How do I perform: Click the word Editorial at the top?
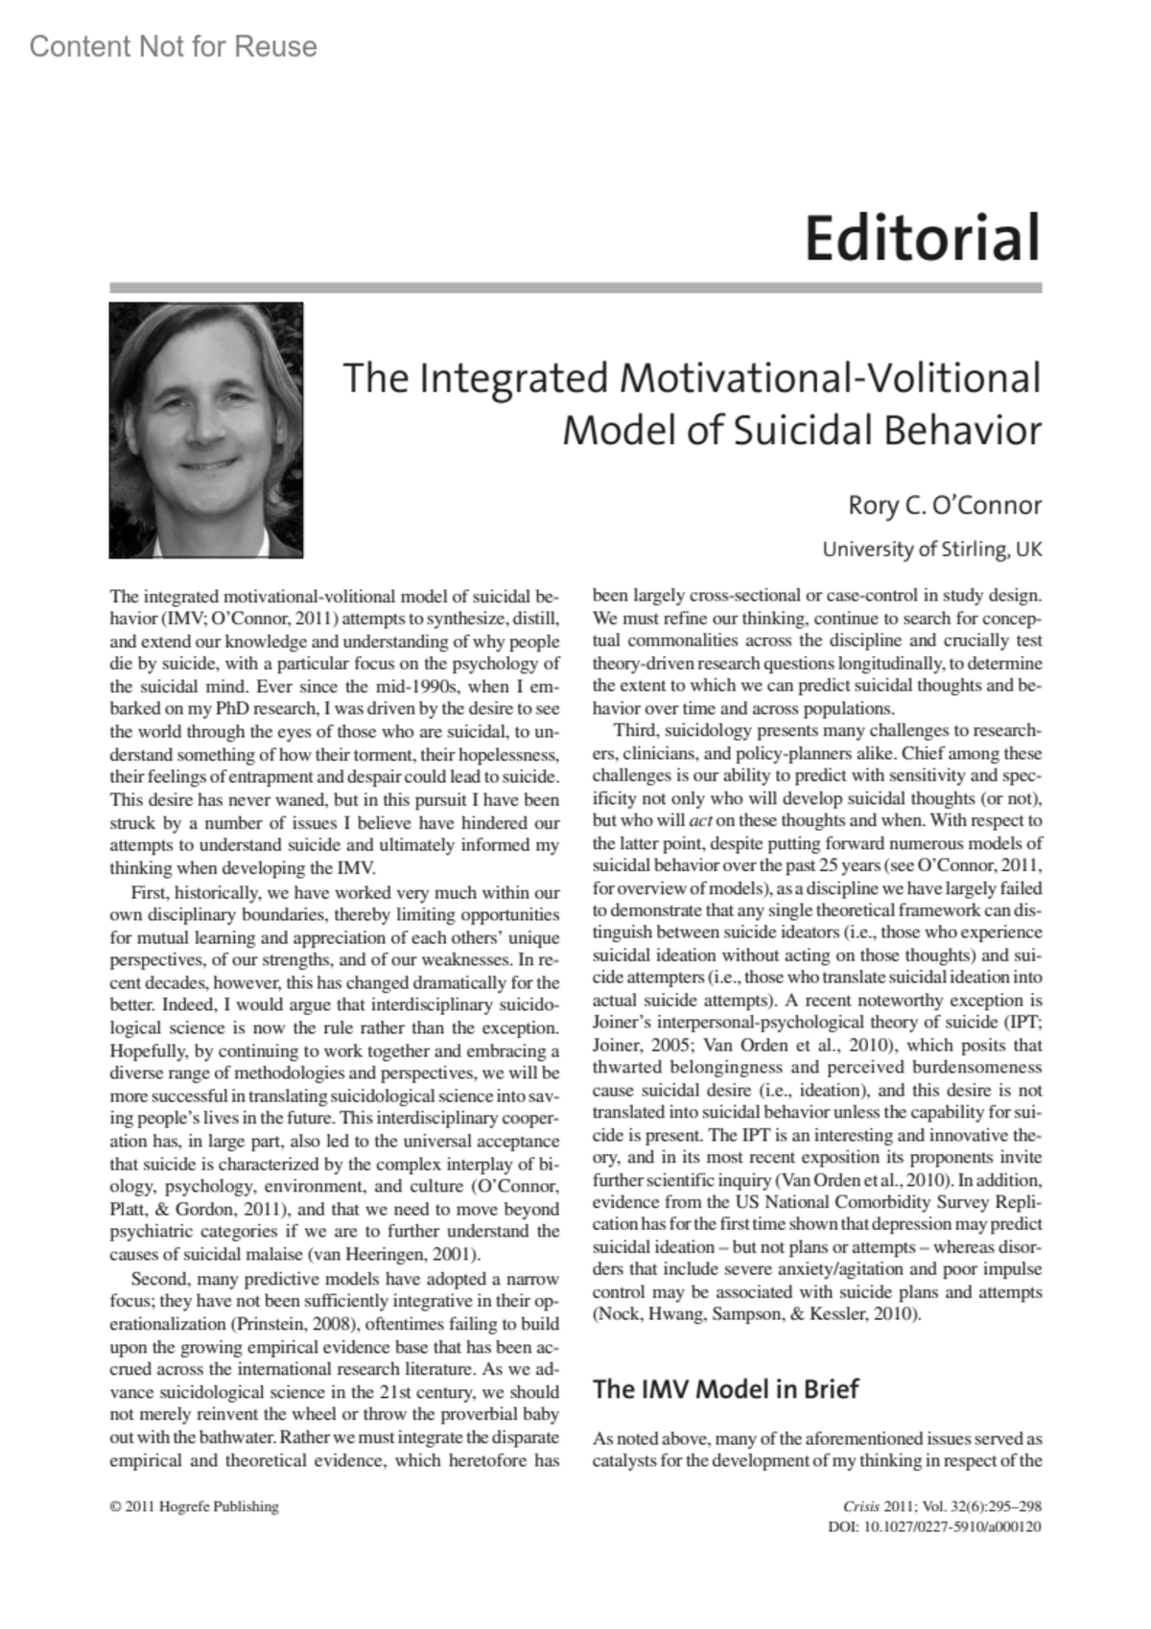click(x=922, y=239)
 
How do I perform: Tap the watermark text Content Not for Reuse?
click(x=173, y=46)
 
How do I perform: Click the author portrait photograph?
click(x=206, y=430)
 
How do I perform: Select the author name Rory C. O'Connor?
click(x=944, y=505)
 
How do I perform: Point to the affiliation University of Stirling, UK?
click(x=931, y=550)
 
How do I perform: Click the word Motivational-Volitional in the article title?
click(x=830, y=377)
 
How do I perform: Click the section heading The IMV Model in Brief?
click(x=725, y=1388)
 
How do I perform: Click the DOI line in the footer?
click(x=934, y=1526)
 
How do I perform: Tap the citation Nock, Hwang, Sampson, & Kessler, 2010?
click(x=757, y=1314)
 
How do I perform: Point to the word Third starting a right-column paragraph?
click(x=634, y=731)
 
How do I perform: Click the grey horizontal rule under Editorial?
click(x=575, y=288)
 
